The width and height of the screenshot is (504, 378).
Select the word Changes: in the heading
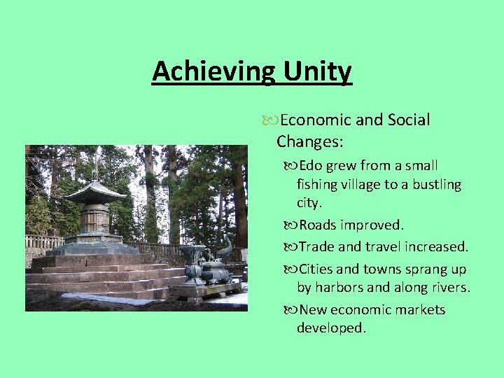309,141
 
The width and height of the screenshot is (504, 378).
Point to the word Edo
311,166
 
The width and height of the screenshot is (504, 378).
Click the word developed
331,328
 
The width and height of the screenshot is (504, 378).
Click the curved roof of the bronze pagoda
94,192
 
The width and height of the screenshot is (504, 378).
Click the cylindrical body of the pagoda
94,218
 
